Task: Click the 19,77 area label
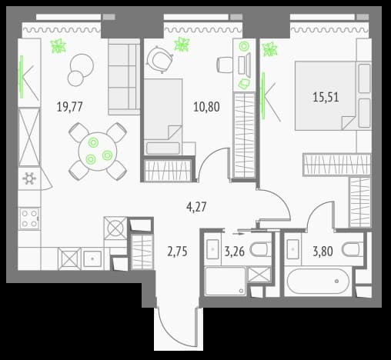click(x=69, y=107)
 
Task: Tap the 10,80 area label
click(x=206, y=107)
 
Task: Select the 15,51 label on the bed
click(x=326, y=98)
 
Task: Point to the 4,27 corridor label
click(x=196, y=207)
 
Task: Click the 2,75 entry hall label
click(x=177, y=252)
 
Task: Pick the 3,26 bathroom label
click(x=235, y=252)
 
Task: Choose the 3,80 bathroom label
click(x=322, y=252)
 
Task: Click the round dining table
click(x=98, y=152)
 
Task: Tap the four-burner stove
click(x=29, y=218)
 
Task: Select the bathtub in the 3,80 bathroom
click(x=318, y=282)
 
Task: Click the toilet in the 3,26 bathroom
click(x=260, y=249)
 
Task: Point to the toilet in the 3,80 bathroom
click(x=353, y=249)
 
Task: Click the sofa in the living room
click(x=124, y=76)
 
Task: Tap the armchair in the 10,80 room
click(x=159, y=59)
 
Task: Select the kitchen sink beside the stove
click(x=92, y=259)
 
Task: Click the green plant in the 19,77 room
click(x=58, y=46)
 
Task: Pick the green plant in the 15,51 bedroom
click(x=269, y=49)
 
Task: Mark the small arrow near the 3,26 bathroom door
click(x=239, y=234)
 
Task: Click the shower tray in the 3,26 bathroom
click(x=226, y=281)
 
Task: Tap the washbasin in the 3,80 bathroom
click(x=292, y=249)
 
